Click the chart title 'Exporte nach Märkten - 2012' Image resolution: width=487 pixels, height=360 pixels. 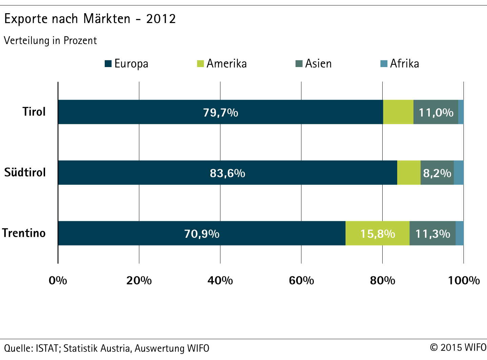[90, 19]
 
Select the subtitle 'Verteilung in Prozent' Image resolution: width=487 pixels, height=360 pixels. [50, 41]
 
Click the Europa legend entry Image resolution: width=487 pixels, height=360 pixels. [127, 64]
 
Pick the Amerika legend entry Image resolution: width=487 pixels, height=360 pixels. [222, 64]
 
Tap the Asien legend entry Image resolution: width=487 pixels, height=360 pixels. [314, 64]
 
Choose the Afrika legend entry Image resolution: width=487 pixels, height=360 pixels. [400, 64]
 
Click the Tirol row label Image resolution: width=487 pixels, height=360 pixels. [34, 112]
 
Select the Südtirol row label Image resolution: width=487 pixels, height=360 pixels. [25, 172]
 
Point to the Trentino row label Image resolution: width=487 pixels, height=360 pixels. [24, 233]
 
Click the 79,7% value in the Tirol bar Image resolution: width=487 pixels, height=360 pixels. [221, 112]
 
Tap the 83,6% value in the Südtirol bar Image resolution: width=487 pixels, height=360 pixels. [227, 173]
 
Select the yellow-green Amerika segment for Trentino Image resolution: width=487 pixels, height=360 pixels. [377, 233]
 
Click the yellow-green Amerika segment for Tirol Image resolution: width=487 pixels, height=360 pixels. [398, 112]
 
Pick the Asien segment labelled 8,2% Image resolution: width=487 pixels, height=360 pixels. [437, 173]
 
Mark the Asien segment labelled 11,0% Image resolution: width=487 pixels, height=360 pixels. [436, 112]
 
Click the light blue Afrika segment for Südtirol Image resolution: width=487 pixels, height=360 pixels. [459, 173]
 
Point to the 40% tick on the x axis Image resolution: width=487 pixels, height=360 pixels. [220, 280]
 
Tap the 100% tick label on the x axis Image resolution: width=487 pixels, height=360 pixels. [464, 280]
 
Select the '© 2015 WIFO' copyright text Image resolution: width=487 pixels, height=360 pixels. [458, 347]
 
